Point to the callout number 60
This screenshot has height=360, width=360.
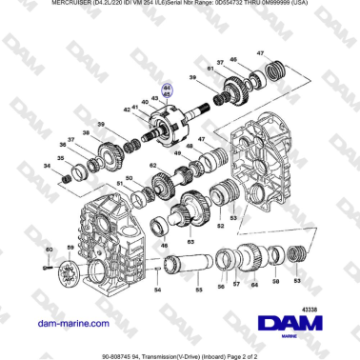click(x=49, y=250)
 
